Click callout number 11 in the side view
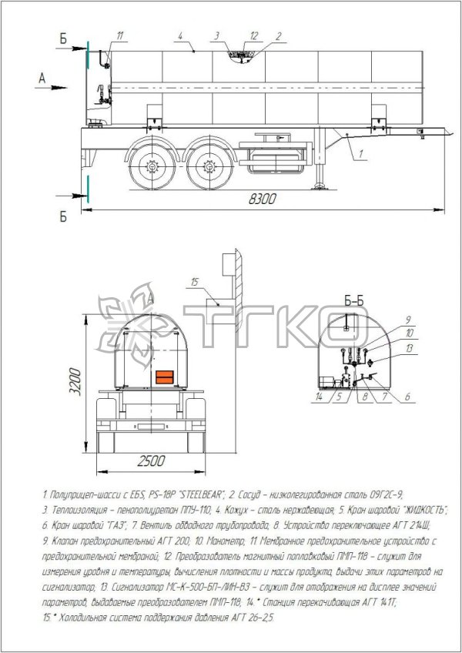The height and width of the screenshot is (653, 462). [x=121, y=35]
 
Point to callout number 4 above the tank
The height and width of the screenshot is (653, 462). [x=179, y=35]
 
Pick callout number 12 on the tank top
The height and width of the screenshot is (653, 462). [x=254, y=35]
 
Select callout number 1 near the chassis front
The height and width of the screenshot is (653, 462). [x=360, y=155]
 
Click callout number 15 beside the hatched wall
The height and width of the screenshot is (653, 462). [x=196, y=281]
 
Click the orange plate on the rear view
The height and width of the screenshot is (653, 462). [x=165, y=377]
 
